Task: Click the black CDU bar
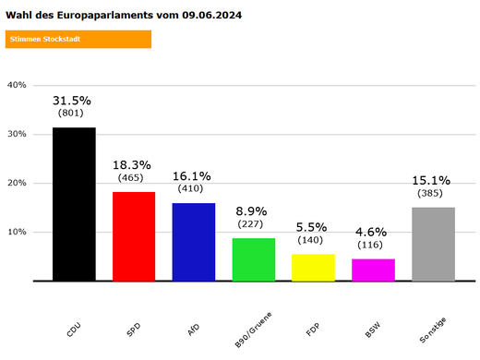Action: point(74,204)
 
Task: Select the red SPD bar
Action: point(134,235)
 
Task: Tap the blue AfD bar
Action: point(194,241)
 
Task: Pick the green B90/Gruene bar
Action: point(254,258)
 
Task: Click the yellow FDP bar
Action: point(313,267)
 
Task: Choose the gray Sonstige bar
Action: point(433,244)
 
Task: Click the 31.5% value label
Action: point(72,100)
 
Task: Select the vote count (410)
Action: point(193,188)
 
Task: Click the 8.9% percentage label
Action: point(252,210)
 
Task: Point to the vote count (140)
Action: point(312,240)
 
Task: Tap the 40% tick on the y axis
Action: point(18,85)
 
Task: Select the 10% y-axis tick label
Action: point(18,232)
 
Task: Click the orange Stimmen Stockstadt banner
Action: point(78,39)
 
